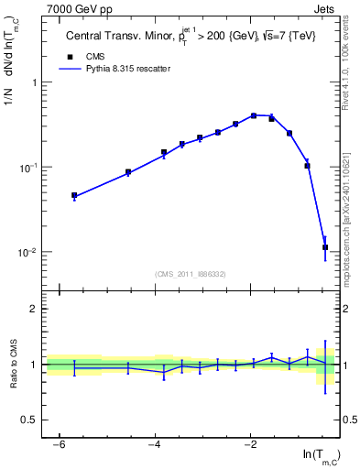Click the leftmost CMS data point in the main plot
coord(74,195)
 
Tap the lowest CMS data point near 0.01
coord(325,247)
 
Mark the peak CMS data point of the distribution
coord(254,116)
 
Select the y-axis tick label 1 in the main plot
coord(35,82)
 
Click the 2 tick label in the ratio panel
coord(35,309)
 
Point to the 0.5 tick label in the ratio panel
coord(31,420)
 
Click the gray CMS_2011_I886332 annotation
coord(191,273)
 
